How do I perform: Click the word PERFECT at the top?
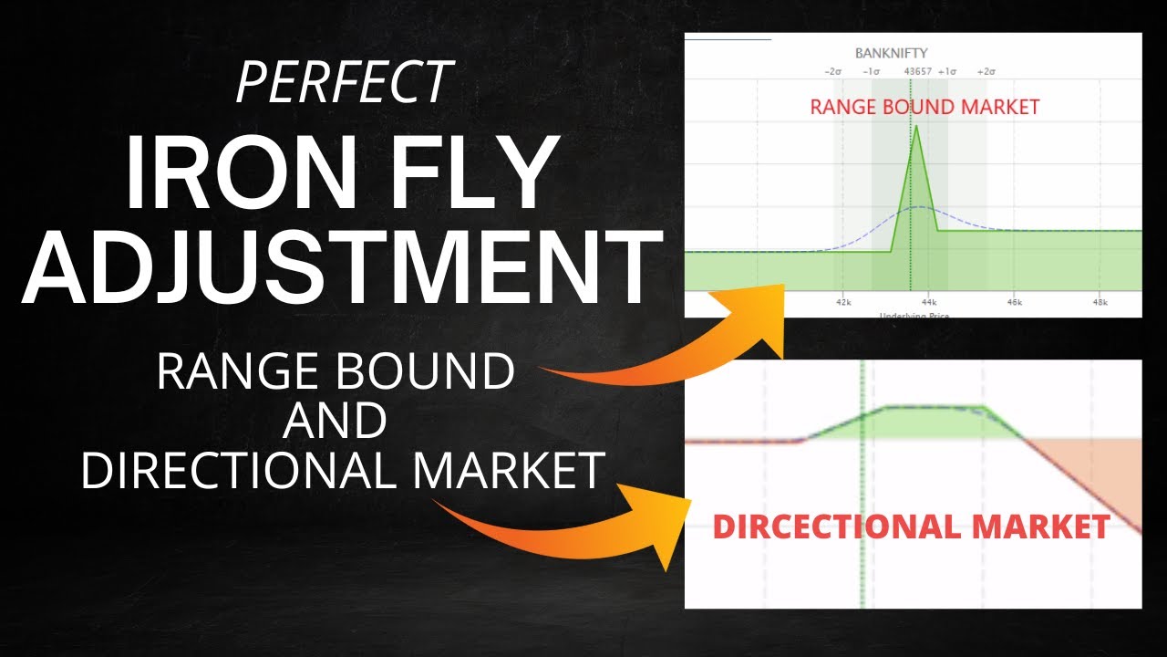point(344,82)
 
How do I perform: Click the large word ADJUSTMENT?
point(342,267)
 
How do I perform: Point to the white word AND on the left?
point(336,422)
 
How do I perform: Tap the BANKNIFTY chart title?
point(891,53)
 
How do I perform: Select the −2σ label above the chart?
point(832,71)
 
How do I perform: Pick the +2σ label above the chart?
point(986,71)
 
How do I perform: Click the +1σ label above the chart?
point(947,71)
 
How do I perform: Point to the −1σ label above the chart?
point(872,71)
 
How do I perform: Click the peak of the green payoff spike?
point(916,127)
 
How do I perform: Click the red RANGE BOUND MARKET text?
point(924,107)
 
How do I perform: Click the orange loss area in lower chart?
point(1108,470)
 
